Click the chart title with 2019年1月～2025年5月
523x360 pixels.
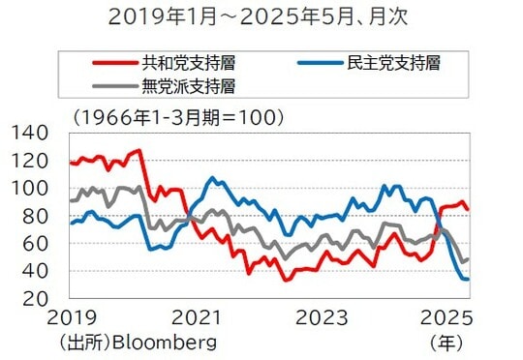[x=261, y=16]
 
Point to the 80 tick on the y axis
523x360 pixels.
[x=33, y=216]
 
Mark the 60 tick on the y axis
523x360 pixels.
[x=33, y=244]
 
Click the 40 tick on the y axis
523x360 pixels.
[x=33, y=272]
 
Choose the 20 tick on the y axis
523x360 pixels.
[x=33, y=299]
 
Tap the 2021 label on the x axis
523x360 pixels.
[x=198, y=318]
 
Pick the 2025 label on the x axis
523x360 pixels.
[x=446, y=318]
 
